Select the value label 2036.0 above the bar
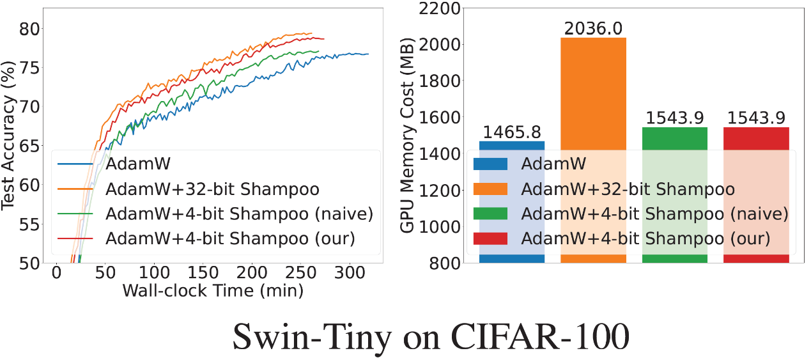click(592, 28)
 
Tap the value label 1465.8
click(512, 132)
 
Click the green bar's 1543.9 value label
click(674, 118)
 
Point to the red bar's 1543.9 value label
click(756, 118)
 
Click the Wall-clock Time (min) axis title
click(213, 291)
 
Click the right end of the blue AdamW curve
click(368, 54)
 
